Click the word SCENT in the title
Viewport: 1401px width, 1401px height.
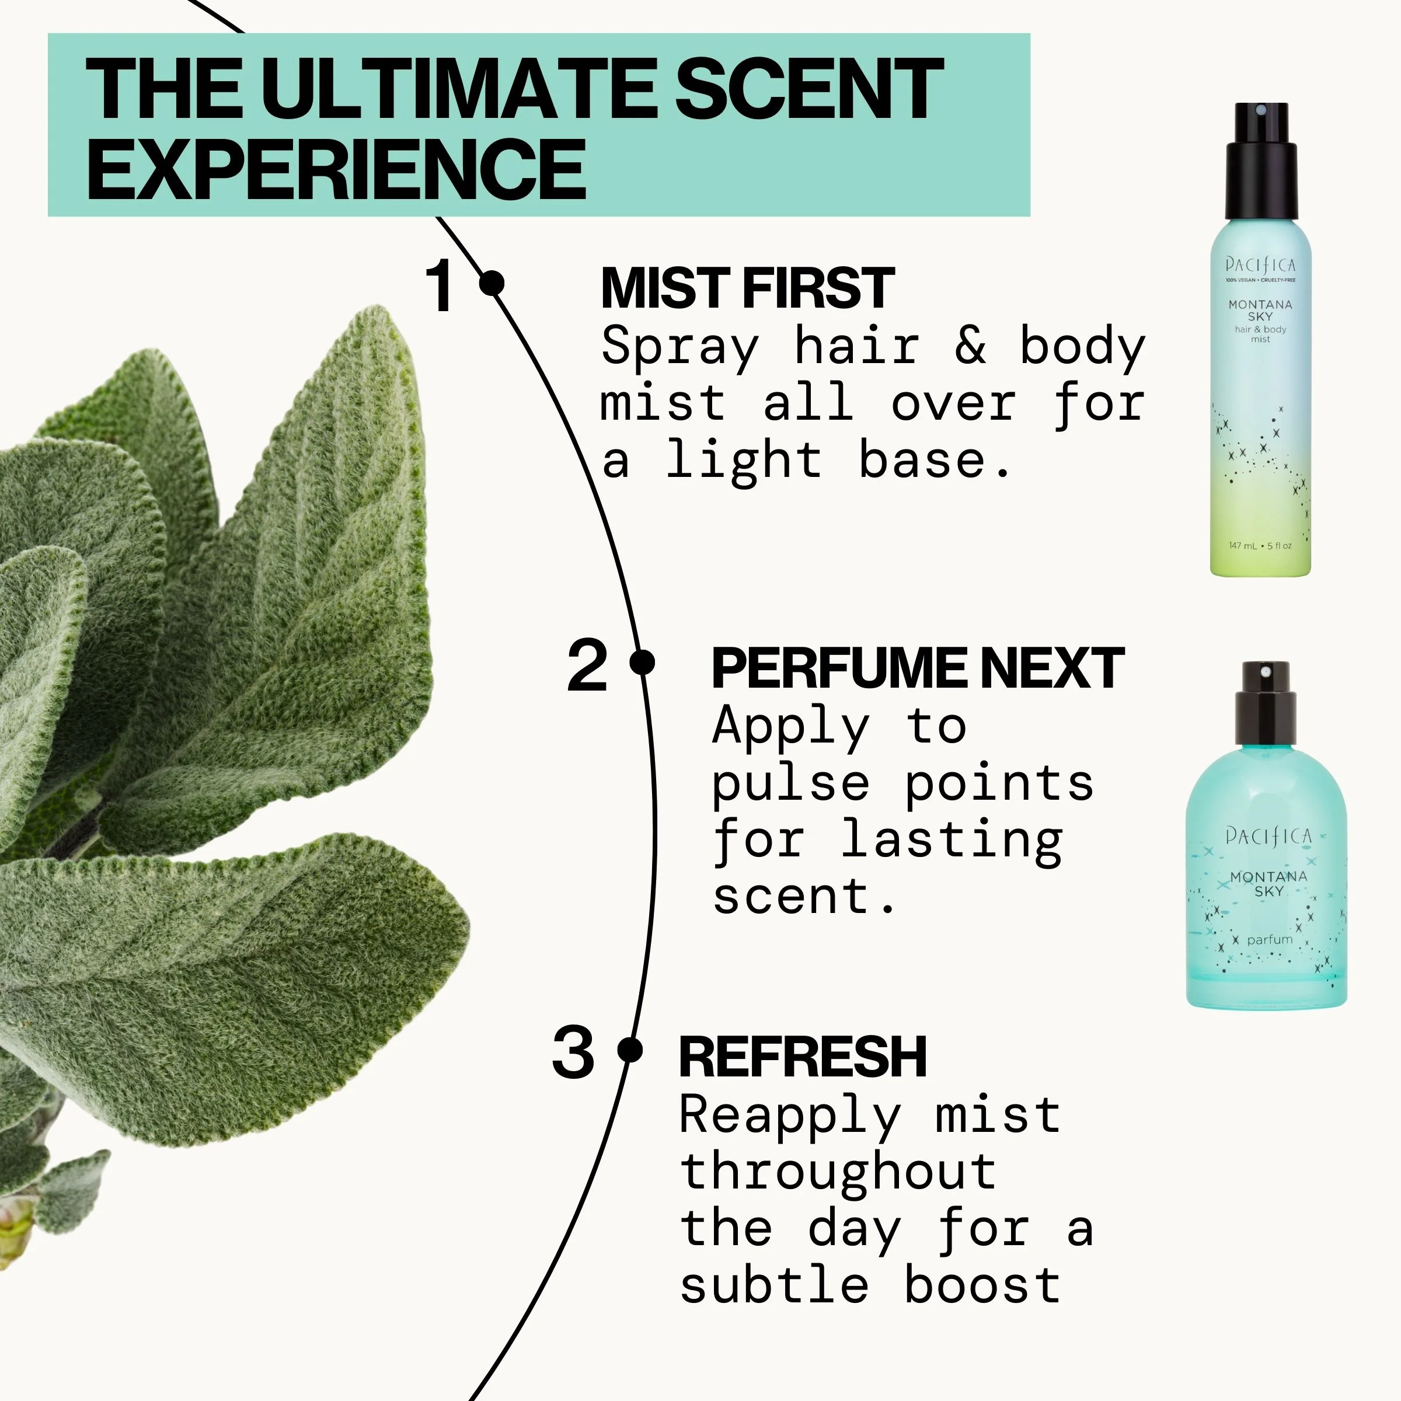click(808, 90)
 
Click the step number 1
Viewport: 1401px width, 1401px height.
click(440, 287)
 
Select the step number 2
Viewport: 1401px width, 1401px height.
click(587, 665)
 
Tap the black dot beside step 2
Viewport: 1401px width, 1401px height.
click(643, 662)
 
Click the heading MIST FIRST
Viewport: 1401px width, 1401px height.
click(748, 288)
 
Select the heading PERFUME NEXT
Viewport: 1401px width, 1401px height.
click(917, 668)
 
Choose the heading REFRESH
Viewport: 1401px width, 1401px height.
click(803, 1057)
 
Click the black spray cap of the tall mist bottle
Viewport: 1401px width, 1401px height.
click(1261, 163)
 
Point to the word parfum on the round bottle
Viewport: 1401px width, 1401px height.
click(1270, 940)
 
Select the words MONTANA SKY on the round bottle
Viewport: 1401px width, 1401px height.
click(1268, 883)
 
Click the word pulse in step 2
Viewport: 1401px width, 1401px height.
click(790, 785)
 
